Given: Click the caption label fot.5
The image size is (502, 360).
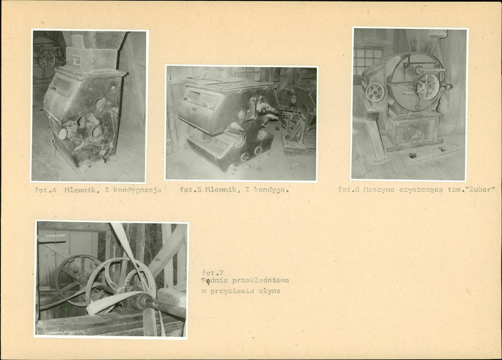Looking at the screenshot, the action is tap(191, 189).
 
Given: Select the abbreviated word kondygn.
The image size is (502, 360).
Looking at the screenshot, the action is tap(271, 190).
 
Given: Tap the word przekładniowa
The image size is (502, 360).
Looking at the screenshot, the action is tap(260, 280).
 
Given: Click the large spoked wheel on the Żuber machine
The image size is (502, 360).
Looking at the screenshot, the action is tap(427, 87).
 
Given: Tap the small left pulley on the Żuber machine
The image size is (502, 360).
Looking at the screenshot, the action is tap(375, 92).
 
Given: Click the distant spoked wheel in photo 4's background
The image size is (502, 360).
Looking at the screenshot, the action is tap(47, 60).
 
